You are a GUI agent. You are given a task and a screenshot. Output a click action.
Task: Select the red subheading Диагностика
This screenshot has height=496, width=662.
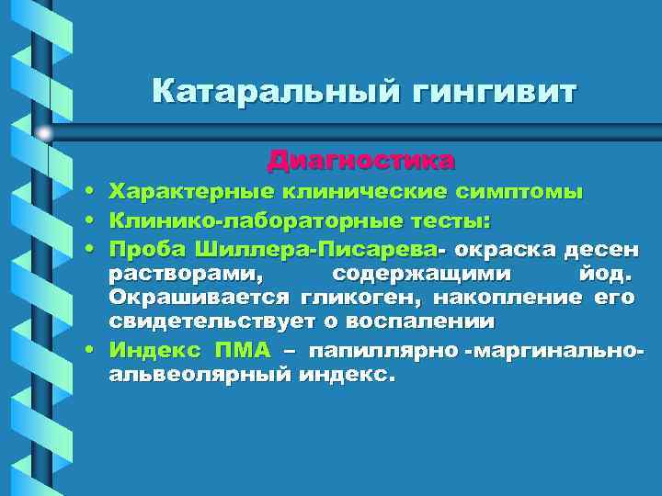click(361, 161)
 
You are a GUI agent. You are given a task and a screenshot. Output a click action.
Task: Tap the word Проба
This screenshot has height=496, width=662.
click(148, 249)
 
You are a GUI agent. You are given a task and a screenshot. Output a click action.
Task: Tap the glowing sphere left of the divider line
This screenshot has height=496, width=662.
click(44, 134)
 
